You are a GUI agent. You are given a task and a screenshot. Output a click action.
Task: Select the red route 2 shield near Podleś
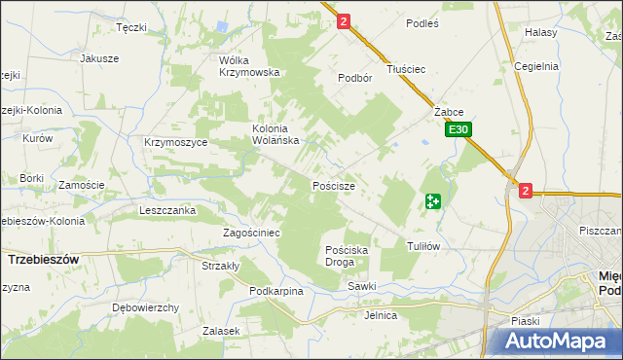(x=344, y=20)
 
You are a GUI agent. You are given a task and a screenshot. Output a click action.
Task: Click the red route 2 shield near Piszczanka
(x=526, y=192)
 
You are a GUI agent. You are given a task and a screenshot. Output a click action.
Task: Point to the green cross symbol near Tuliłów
(x=433, y=201)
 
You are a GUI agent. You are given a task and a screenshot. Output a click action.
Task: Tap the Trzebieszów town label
(x=43, y=260)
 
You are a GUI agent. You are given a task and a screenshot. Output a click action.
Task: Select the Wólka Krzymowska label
(x=249, y=65)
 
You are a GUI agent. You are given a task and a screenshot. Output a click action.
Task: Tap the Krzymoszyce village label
(x=175, y=142)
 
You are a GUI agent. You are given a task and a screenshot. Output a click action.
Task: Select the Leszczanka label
(x=167, y=210)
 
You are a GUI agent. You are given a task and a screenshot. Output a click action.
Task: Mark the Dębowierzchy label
(x=145, y=307)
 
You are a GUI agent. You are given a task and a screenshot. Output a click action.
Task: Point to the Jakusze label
(x=99, y=58)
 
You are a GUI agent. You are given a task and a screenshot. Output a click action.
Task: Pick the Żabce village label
(x=448, y=112)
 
